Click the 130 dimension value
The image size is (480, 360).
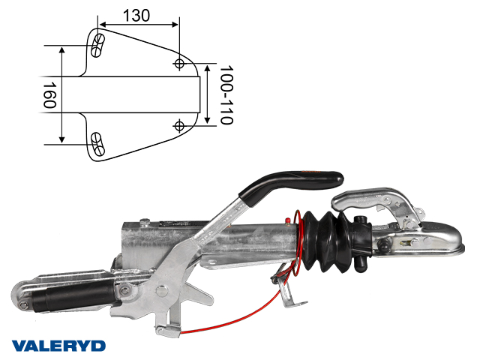[x=136, y=15]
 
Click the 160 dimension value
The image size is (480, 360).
[x=49, y=95]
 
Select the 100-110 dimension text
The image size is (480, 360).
[x=226, y=94]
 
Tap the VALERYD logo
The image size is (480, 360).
[x=58, y=346]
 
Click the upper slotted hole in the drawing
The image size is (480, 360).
[x=98, y=46]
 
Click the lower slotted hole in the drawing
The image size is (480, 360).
[x=98, y=144]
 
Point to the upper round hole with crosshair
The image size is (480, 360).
[x=179, y=64]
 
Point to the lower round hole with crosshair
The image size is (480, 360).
[x=179, y=126]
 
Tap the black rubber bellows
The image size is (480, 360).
[x=328, y=241]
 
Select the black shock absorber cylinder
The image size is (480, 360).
[x=73, y=297]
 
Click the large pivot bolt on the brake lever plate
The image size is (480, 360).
[x=162, y=290]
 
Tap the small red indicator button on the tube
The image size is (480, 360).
[x=287, y=220]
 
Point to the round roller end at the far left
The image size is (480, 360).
[x=22, y=296]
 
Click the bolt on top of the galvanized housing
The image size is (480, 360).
[x=145, y=221]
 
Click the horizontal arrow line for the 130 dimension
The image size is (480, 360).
[x=139, y=25]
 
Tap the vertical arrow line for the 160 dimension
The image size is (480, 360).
[x=62, y=95]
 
